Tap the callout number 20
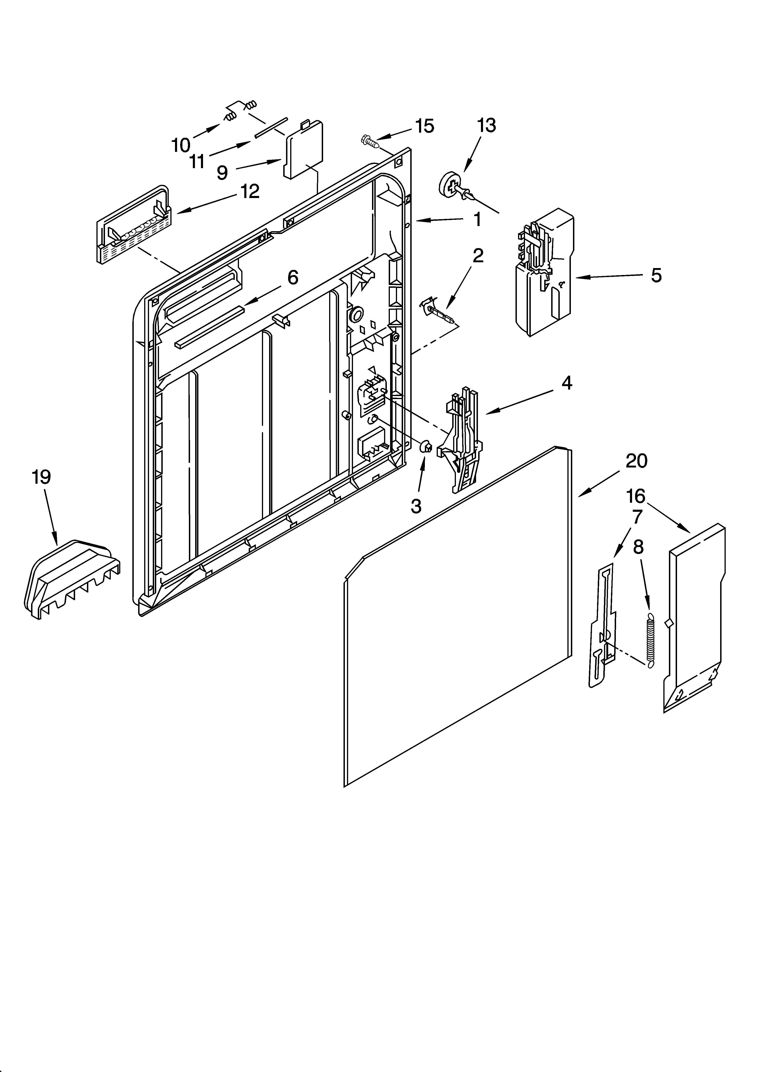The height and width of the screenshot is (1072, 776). click(x=636, y=461)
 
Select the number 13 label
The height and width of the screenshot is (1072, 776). click(x=486, y=126)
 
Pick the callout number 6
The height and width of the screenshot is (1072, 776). click(x=293, y=278)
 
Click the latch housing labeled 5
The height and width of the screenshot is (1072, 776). click(x=544, y=274)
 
